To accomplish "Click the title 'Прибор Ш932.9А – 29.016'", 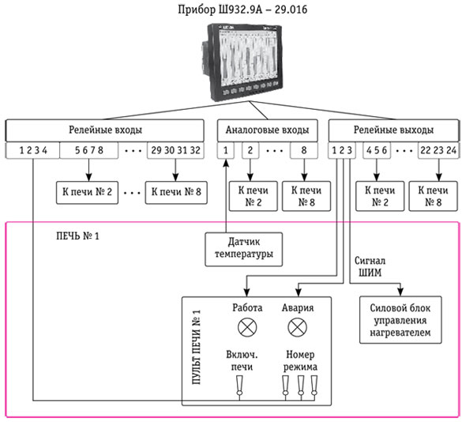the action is click(x=242, y=9).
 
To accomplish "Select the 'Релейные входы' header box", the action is click(x=105, y=130).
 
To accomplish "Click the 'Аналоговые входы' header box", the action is click(x=268, y=130).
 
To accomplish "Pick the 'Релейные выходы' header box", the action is click(x=393, y=130).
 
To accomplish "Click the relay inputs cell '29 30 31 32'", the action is click(x=175, y=150).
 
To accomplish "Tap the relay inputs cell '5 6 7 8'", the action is click(x=89, y=150).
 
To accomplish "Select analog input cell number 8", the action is click(x=304, y=150).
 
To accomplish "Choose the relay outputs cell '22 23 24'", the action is click(x=438, y=150).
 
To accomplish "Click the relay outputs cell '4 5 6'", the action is click(x=377, y=150).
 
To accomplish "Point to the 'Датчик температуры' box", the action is click(x=244, y=249).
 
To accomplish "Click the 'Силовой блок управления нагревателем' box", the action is click(x=400, y=320).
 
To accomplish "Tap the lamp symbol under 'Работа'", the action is click(x=247, y=327).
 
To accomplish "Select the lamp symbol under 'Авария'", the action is click(x=297, y=327).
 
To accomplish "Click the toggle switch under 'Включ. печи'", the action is click(x=239, y=386).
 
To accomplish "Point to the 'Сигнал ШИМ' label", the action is click(x=370, y=266).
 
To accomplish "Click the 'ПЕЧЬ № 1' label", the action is click(x=77, y=236).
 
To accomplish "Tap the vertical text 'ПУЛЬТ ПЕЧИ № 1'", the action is click(x=197, y=347).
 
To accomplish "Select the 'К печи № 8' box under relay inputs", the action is click(x=176, y=192).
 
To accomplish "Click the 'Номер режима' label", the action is click(x=300, y=360).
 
